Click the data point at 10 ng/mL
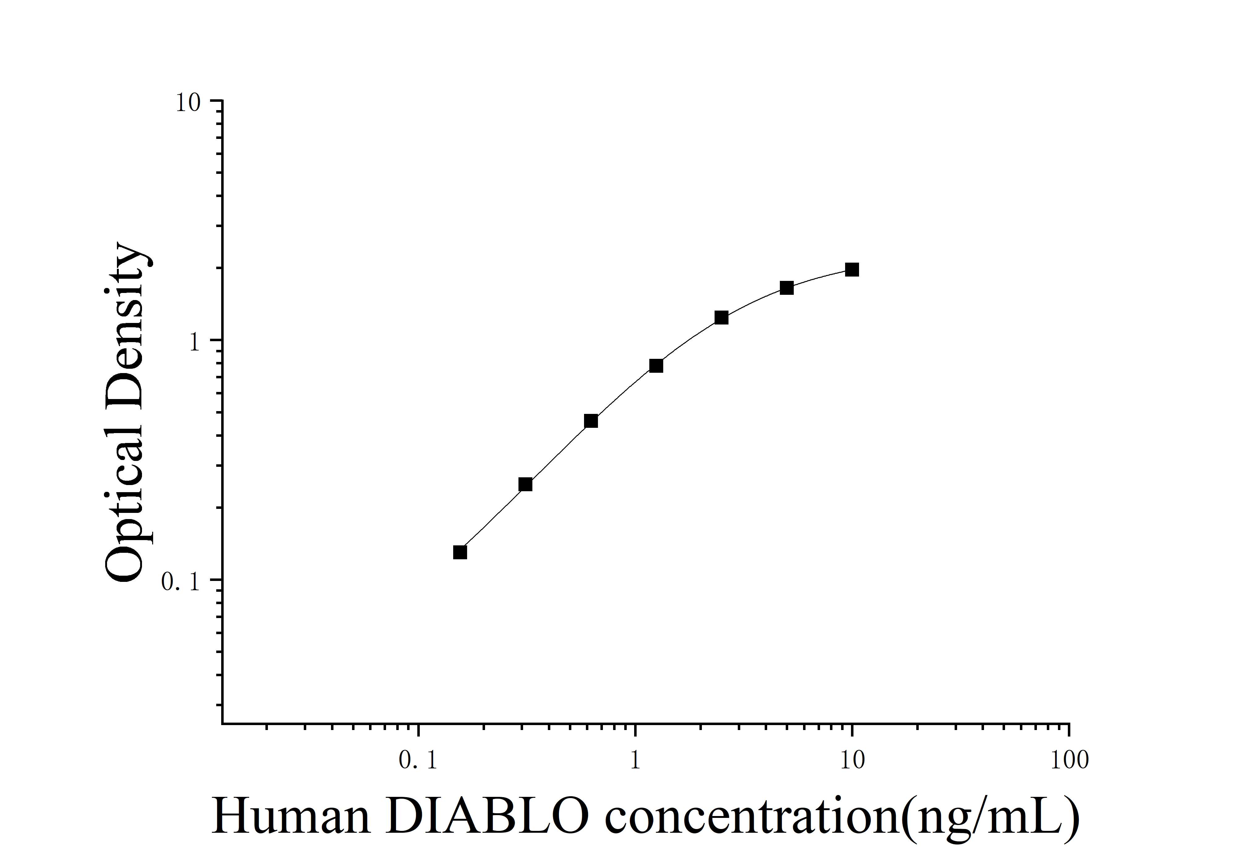pos(852,269)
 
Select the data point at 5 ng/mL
pos(787,288)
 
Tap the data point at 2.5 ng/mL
pos(721,317)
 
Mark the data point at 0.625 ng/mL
pos(591,421)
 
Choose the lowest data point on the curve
pos(460,552)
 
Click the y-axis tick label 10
pos(188,103)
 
